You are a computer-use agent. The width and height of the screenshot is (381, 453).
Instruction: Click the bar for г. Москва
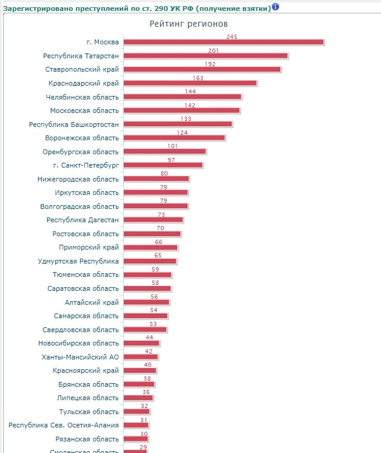(x=223, y=42)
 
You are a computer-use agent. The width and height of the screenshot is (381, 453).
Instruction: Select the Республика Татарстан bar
(x=205, y=56)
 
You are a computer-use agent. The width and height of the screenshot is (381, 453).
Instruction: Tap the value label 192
(x=210, y=64)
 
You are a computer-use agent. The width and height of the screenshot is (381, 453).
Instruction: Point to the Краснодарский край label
(x=83, y=83)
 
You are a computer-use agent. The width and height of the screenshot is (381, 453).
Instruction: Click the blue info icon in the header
(x=275, y=7)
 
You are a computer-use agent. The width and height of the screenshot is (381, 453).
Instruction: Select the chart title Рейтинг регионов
(x=189, y=24)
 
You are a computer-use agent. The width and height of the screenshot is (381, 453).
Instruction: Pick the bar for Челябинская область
(x=182, y=97)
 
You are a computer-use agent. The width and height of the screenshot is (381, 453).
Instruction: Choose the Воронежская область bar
(x=174, y=138)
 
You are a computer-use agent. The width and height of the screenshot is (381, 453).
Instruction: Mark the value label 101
(x=172, y=146)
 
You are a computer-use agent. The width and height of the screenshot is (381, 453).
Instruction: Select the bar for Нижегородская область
(x=157, y=179)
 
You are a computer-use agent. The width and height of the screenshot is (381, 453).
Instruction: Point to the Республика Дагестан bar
(x=153, y=220)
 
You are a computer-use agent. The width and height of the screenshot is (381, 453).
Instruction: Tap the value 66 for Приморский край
(x=158, y=242)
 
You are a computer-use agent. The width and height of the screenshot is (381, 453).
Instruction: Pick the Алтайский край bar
(x=146, y=302)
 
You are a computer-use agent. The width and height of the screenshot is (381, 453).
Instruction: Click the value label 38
(x=147, y=379)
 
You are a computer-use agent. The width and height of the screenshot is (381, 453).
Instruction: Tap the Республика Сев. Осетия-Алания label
(x=64, y=425)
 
